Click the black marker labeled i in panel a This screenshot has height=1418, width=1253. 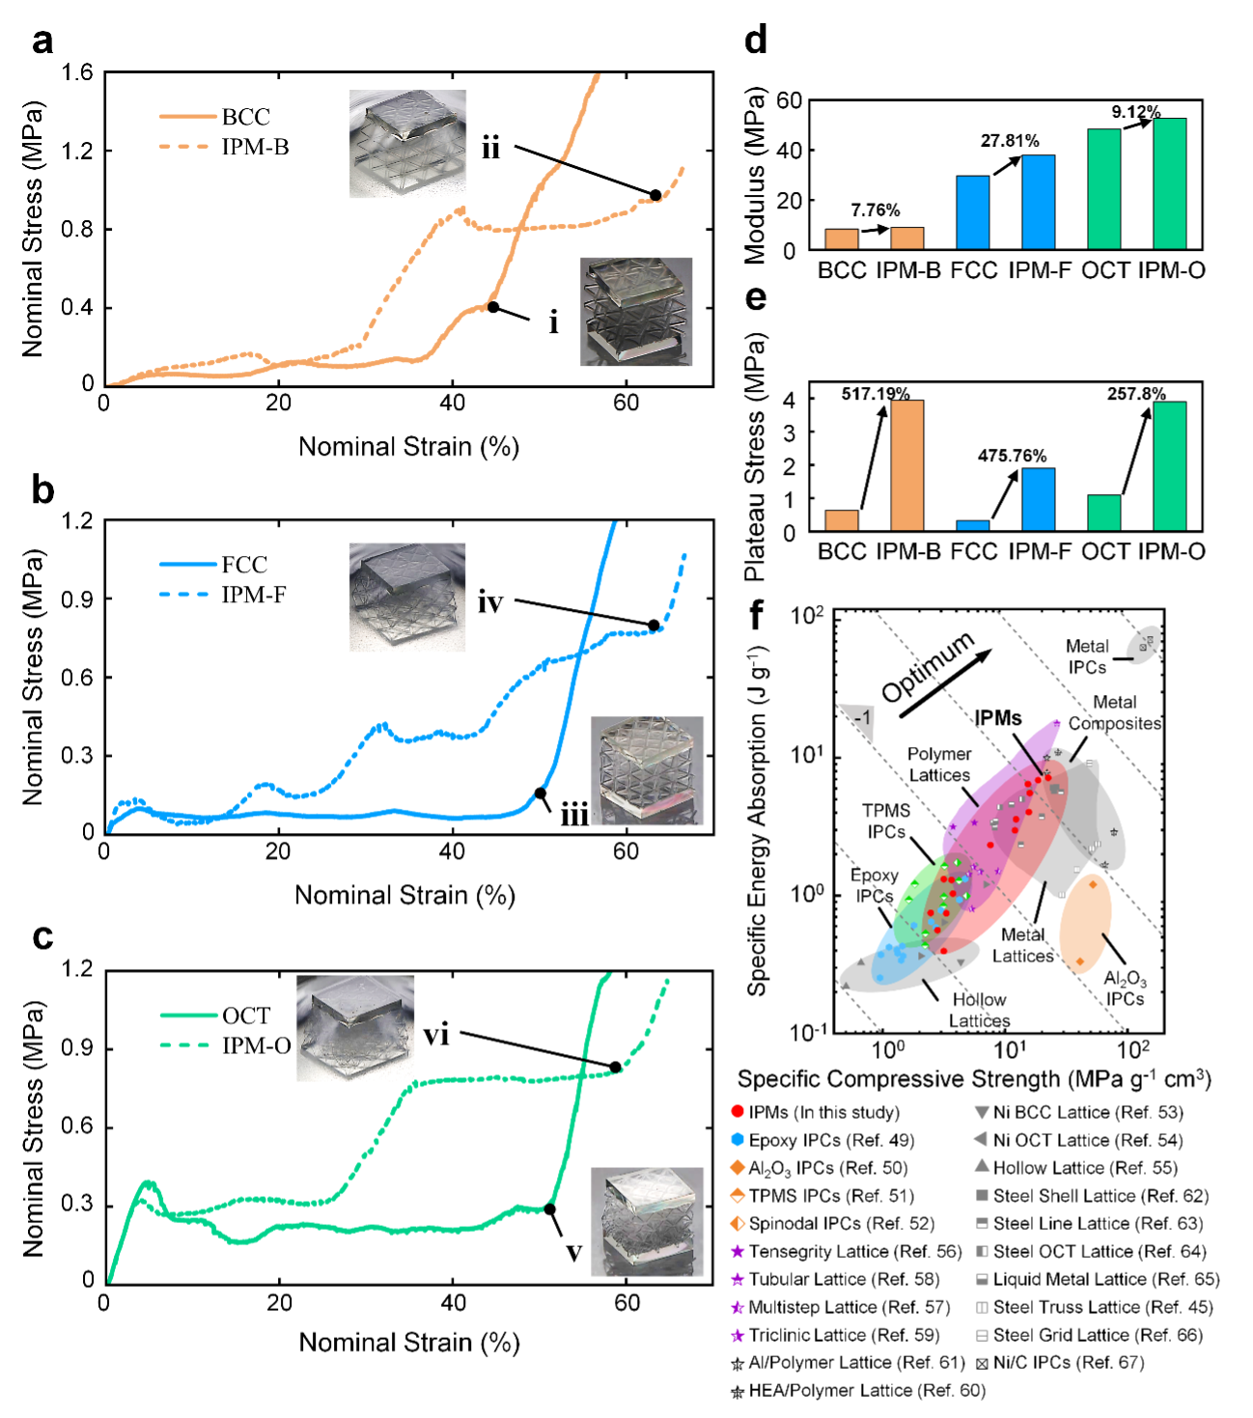click(492, 307)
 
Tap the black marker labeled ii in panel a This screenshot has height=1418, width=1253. click(655, 195)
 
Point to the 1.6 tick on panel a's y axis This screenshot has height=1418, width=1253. click(78, 73)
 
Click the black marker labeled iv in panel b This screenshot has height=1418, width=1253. click(654, 626)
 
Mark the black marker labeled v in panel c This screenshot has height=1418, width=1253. click(549, 1209)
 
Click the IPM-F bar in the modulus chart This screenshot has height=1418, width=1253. click(1039, 202)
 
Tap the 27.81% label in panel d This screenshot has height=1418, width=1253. click(1010, 141)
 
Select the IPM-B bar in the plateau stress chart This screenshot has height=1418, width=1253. click(907, 465)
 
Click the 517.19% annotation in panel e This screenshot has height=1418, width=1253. click(876, 394)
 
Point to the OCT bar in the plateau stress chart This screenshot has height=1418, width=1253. click(1104, 513)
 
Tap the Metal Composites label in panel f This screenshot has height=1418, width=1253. click(1114, 713)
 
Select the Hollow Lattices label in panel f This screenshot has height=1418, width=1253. click(979, 1010)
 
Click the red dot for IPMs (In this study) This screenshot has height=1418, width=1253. click(738, 1112)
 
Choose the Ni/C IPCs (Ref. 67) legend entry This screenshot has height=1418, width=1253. click(1059, 1362)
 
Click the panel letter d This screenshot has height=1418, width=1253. click(756, 41)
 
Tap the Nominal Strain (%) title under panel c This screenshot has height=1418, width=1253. click(409, 1342)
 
